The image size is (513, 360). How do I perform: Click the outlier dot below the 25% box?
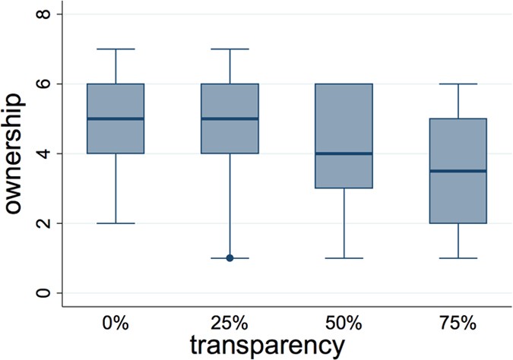pyautogui.click(x=230, y=258)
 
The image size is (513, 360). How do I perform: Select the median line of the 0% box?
pyautogui.click(x=116, y=118)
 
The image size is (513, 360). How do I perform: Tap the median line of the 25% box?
pyautogui.click(x=230, y=118)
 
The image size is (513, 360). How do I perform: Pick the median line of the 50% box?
pyautogui.click(x=344, y=153)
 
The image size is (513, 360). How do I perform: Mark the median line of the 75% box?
pyautogui.click(x=458, y=171)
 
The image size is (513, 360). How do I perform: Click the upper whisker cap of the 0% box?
pyautogui.click(x=116, y=49)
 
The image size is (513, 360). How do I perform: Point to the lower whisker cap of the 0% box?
pyautogui.click(x=116, y=223)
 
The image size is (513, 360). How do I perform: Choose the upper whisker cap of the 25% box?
pyautogui.click(x=230, y=49)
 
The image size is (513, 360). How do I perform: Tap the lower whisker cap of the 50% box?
pyautogui.click(x=344, y=258)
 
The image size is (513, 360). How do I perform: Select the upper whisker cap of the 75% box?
pyautogui.click(x=458, y=84)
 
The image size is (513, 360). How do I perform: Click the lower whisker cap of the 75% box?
pyautogui.click(x=458, y=258)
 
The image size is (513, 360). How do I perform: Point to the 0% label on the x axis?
pyautogui.click(x=116, y=323)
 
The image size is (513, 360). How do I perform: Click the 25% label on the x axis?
pyautogui.click(x=230, y=323)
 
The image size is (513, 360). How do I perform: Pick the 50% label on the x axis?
pyautogui.click(x=344, y=323)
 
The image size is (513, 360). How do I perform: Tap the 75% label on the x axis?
pyautogui.click(x=458, y=323)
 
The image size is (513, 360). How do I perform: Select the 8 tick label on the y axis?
pyautogui.click(x=46, y=14)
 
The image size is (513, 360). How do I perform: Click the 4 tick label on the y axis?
pyautogui.click(x=46, y=153)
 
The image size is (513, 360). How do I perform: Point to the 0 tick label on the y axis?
pyautogui.click(x=46, y=293)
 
